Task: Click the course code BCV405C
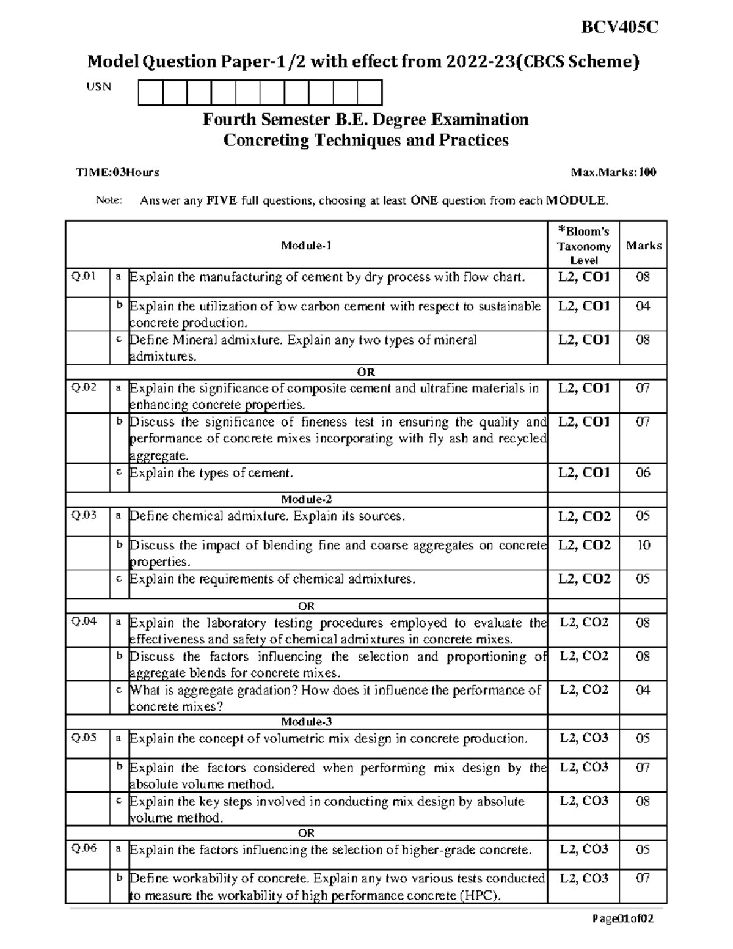click(619, 27)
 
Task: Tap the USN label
click(98, 87)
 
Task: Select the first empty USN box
click(150, 93)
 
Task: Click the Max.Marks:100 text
click(613, 172)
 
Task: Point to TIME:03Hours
click(117, 172)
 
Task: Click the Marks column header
click(643, 246)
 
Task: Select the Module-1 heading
click(306, 246)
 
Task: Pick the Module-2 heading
click(306, 499)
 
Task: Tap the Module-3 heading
click(306, 722)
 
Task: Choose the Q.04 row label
click(84, 622)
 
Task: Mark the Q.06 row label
click(84, 849)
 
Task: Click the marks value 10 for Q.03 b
click(643, 545)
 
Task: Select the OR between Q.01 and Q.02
click(366, 372)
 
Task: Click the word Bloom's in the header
click(583, 232)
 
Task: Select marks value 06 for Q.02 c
click(643, 472)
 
